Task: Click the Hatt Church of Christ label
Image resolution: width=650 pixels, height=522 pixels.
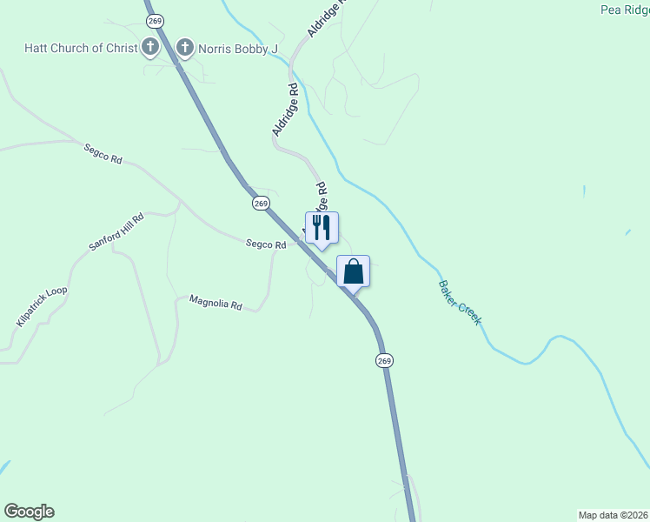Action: pyautogui.click(x=81, y=48)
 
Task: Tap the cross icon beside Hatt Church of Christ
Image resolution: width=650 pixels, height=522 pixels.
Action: pyautogui.click(x=150, y=47)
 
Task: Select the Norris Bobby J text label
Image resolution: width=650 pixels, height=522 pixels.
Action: pyautogui.click(x=237, y=48)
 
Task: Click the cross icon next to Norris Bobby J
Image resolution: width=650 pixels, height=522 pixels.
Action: pyautogui.click(x=184, y=47)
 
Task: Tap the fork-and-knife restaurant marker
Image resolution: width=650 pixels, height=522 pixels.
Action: pyautogui.click(x=322, y=228)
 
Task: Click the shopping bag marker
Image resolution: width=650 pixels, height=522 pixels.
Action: pyautogui.click(x=353, y=271)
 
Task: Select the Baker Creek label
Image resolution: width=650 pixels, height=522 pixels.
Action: pyautogui.click(x=460, y=303)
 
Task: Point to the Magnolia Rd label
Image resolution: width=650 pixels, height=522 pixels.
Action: pyautogui.click(x=215, y=304)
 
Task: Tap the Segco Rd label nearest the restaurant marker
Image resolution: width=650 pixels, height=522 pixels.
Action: pyautogui.click(x=266, y=245)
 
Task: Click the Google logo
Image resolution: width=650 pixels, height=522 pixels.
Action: pyautogui.click(x=29, y=512)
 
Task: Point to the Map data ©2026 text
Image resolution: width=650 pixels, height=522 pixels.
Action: pyautogui.click(x=614, y=515)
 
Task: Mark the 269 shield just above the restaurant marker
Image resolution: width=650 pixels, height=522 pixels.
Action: pyautogui.click(x=262, y=203)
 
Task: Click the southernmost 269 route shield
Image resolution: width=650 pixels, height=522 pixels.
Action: pyautogui.click(x=384, y=360)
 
